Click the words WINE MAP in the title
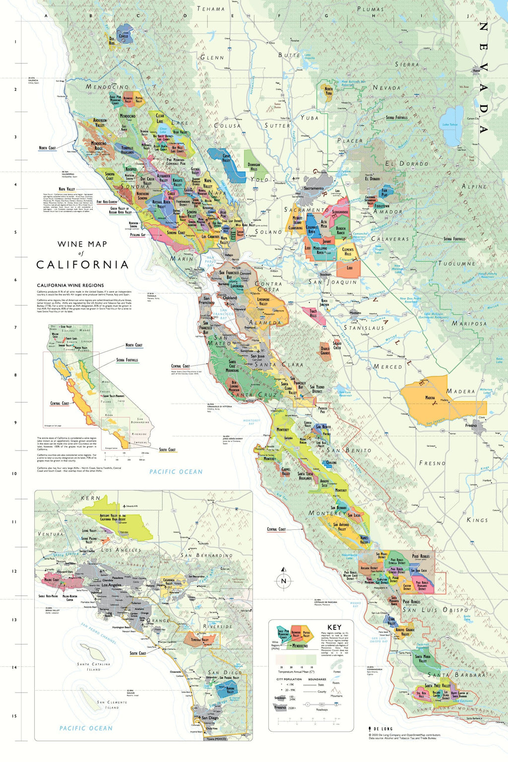[82, 244]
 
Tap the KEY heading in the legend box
[334, 627]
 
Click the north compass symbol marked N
[284, 581]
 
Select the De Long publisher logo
[381, 729]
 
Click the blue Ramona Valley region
[230, 689]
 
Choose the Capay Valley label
[226, 158]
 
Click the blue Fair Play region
[384, 192]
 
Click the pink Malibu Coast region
[53, 579]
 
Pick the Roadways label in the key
[322, 709]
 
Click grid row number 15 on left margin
[14, 716]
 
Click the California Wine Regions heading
[70, 285]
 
